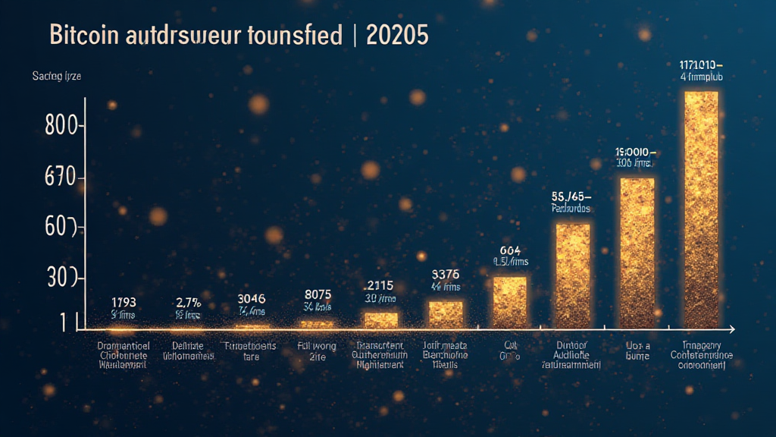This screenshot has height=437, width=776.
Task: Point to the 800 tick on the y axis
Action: pyautogui.click(x=61, y=126)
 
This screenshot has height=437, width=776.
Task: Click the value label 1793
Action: pyautogui.click(x=123, y=300)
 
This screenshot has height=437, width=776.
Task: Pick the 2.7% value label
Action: pyautogui.click(x=187, y=300)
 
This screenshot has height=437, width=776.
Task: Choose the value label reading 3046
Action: pyautogui.click(x=251, y=299)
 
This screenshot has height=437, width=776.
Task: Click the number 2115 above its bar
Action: pyautogui.click(x=380, y=285)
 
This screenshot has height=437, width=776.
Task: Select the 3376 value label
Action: pyautogui.click(x=446, y=274)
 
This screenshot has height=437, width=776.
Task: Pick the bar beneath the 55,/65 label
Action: pyautogui.click(x=573, y=276)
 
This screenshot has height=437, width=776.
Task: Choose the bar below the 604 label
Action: pyautogui.click(x=510, y=302)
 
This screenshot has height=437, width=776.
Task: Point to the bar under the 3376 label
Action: pyautogui.click(x=446, y=313)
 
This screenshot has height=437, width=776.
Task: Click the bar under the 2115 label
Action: pyautogui.click(x=380, y=319)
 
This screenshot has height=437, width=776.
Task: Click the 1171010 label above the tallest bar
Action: pyautogui.click(x=701, y=64)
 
